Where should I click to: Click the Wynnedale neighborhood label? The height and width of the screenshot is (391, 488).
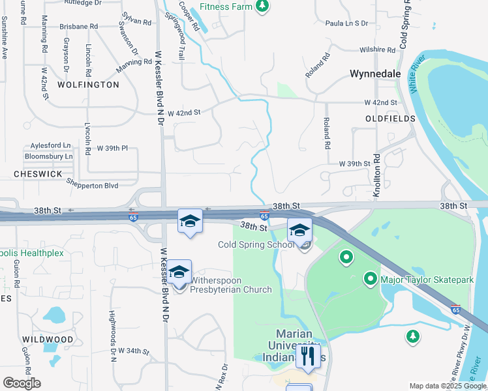tap(375, 74)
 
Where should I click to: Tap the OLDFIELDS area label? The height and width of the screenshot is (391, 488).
tap(390, 119)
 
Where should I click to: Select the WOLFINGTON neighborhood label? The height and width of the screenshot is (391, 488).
tap(88, 85)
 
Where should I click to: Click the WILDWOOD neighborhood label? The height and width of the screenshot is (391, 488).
tap(48, 340)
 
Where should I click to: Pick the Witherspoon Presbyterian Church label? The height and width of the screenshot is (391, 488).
tap(231, 285)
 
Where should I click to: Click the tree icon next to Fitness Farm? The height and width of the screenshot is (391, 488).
tap(262, 7)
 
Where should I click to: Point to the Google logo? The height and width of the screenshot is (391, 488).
tap(22, 383)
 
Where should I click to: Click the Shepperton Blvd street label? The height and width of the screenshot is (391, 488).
tap(92, 186)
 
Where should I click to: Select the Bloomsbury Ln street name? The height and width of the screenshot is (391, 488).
tap(48, 156)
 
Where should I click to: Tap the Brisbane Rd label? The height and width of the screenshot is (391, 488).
tap(78, 26)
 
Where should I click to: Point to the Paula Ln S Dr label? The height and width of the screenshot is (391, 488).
tap(346, 23)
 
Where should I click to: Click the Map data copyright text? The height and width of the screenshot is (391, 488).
tap(448, 386)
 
